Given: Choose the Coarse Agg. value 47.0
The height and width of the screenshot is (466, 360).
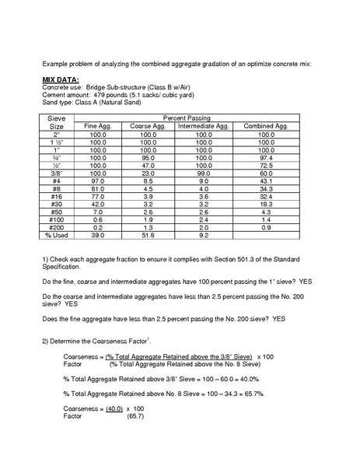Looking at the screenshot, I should (x=149, y=165).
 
